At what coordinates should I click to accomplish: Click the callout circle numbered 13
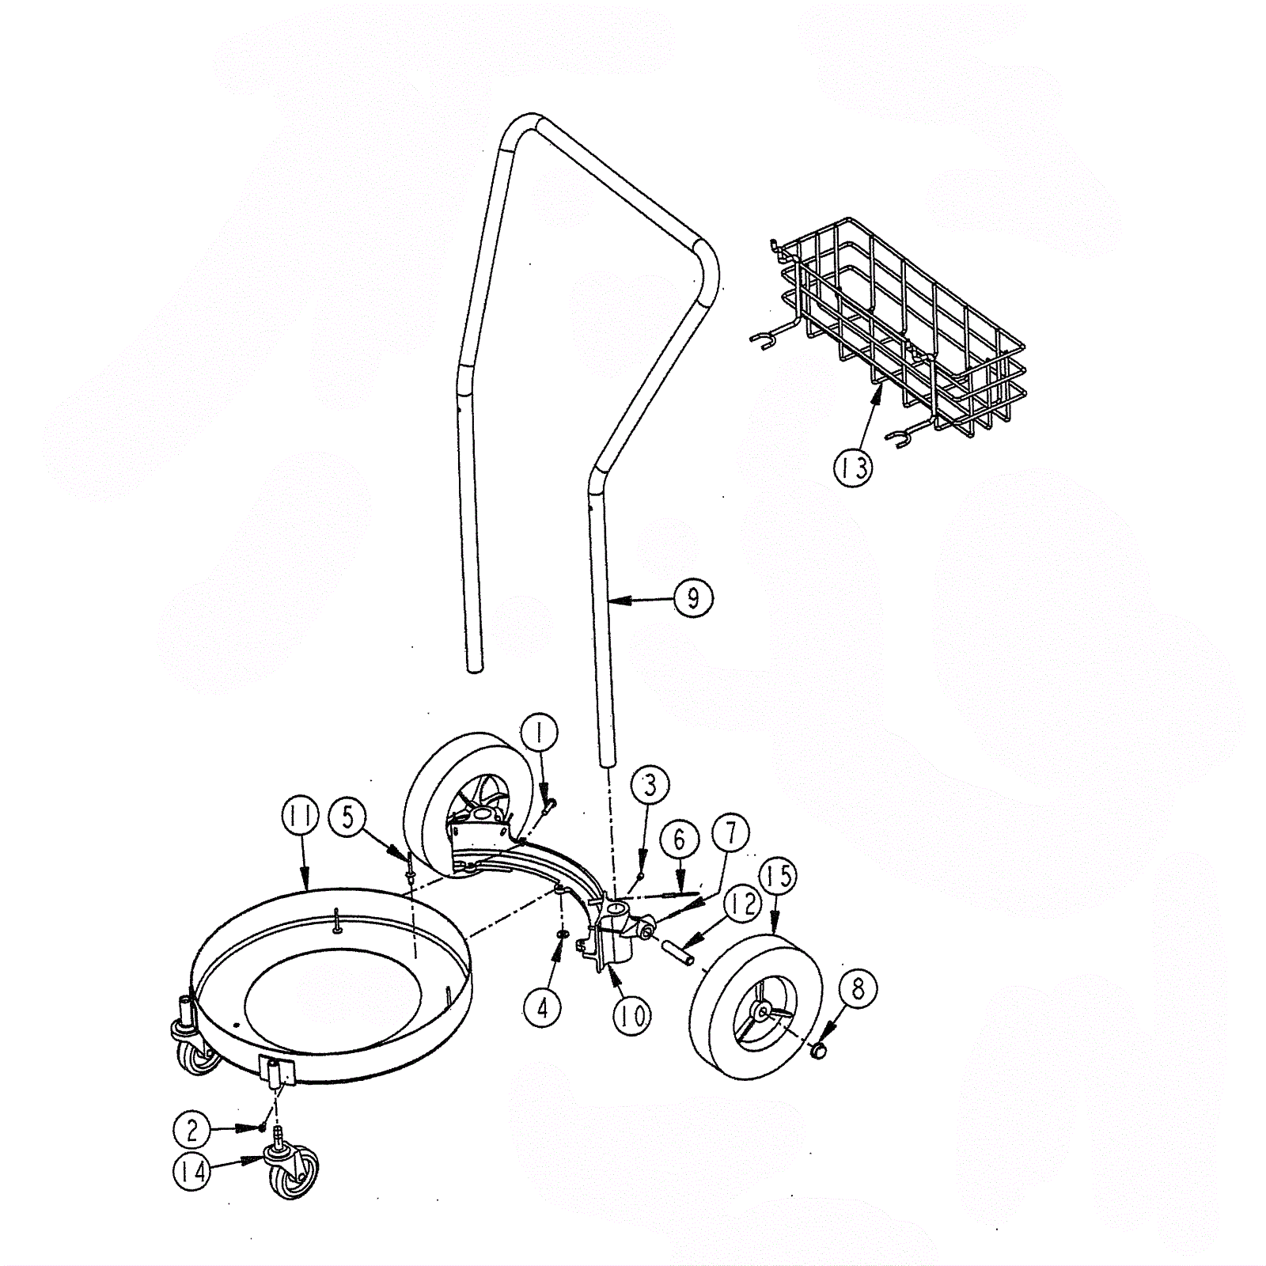point(853,467)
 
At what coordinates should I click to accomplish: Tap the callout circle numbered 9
point(693,599)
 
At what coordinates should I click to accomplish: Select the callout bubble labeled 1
point(540,733)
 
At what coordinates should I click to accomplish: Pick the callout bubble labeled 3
point(650,786)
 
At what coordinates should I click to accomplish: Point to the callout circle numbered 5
point(349,817)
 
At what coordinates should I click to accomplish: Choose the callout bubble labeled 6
point(680,841)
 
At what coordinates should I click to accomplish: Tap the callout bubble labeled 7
point(730,833)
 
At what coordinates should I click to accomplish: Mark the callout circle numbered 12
point(741,904)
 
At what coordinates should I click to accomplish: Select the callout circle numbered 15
point(779,876)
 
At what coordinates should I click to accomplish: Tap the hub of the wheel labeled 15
point(761,1011)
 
